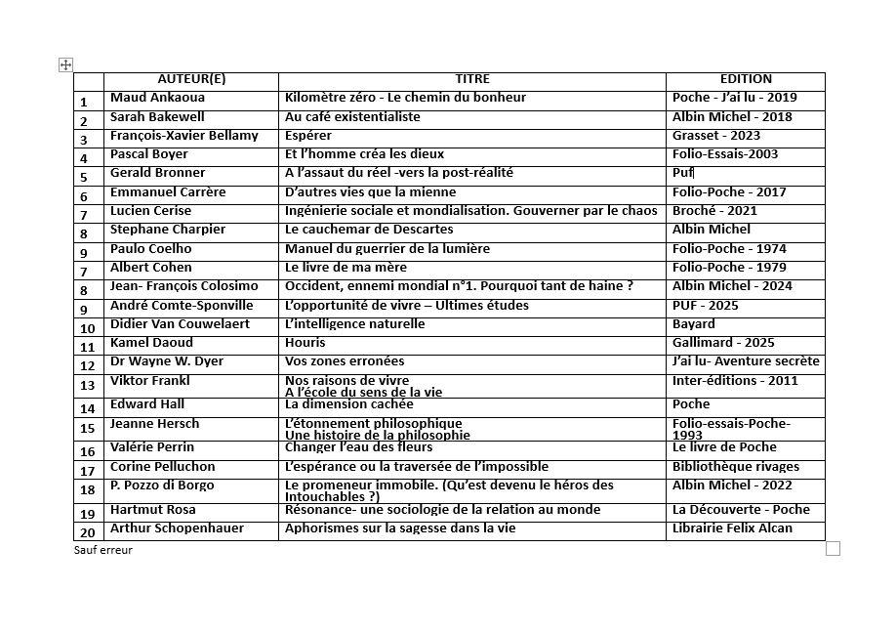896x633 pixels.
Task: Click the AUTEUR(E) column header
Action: pyautogui.click(x=191, y=79)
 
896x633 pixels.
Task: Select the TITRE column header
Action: pyautogui.click(x=472, y=79)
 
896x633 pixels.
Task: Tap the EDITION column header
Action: pyautogui.click(x=746, y=79)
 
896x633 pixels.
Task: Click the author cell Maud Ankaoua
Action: pyautogui.click(x=157, y=98)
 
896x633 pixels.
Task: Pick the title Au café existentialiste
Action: pyautogui.click(x=352, y=116)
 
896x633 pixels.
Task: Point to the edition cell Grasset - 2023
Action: pyautogui.click(x=715, y=136)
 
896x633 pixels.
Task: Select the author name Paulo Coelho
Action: pyautogui.click(x=150, y=248)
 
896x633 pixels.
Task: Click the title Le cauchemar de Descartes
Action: pyautogui.click(x=369, y=230)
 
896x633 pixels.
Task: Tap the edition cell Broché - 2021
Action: pyautogui.click(x=714, y=211)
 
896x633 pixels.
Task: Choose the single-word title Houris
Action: pyautogui.click(x=305, y=343)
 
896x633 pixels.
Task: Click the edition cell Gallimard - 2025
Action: pyautogui.click(x=723, y=343)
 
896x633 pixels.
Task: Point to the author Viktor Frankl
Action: pyautogui.click(x=149, y=381)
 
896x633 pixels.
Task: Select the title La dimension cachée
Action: pyautogui.click(x=348, y=404)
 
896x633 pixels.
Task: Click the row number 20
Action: pyautogui.click(x=88, y=533)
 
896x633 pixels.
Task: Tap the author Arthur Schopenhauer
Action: pyautogui.click(x=177, y=528)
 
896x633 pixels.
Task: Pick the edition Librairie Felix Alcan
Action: pyautogui.click(x=732, y=528)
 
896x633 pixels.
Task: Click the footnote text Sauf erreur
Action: pyautogui.click(x=102, y=550)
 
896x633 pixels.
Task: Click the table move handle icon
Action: pyautogui.click(x=65, y=64)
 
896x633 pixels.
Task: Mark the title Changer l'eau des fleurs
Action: pyautogui.click(x=358, y=447)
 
